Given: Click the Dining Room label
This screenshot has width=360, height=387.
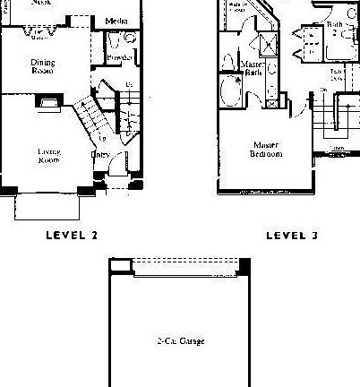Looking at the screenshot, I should click(40, 67).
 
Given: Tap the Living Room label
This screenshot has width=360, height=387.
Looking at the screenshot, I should click(48, 155).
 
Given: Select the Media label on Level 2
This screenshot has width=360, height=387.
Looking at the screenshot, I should click(115, 21).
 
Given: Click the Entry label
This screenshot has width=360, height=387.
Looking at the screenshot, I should click(100, 155).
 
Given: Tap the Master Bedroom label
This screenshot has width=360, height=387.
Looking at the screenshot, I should click(266, 149).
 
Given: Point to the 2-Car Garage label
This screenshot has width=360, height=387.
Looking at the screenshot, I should click(180, 341).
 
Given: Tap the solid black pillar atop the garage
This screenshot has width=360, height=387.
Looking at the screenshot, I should click(244, 263).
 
